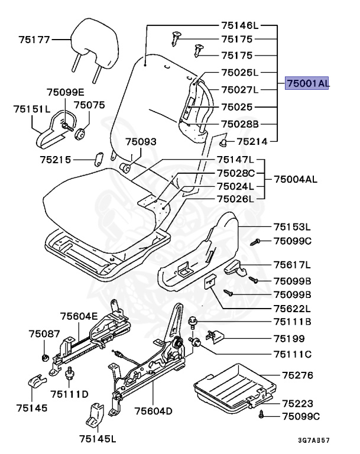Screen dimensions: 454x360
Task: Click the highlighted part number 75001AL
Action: (307, 84)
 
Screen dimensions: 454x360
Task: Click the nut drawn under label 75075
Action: (81, 130)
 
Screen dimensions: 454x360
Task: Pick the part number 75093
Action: (141, 142)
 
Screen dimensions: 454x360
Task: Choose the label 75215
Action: (56, 160)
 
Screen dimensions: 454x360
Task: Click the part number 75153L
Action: (292, 226)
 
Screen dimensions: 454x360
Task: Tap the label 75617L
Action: (292, 264)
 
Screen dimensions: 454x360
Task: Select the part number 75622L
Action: (292, 308)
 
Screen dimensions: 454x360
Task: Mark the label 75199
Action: (289, 339)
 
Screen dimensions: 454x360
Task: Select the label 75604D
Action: (153, 411)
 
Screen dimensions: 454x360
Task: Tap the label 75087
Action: (44, 334)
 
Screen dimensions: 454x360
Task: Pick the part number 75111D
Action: (69, 394)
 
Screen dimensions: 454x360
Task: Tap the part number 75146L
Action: (240, 26)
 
